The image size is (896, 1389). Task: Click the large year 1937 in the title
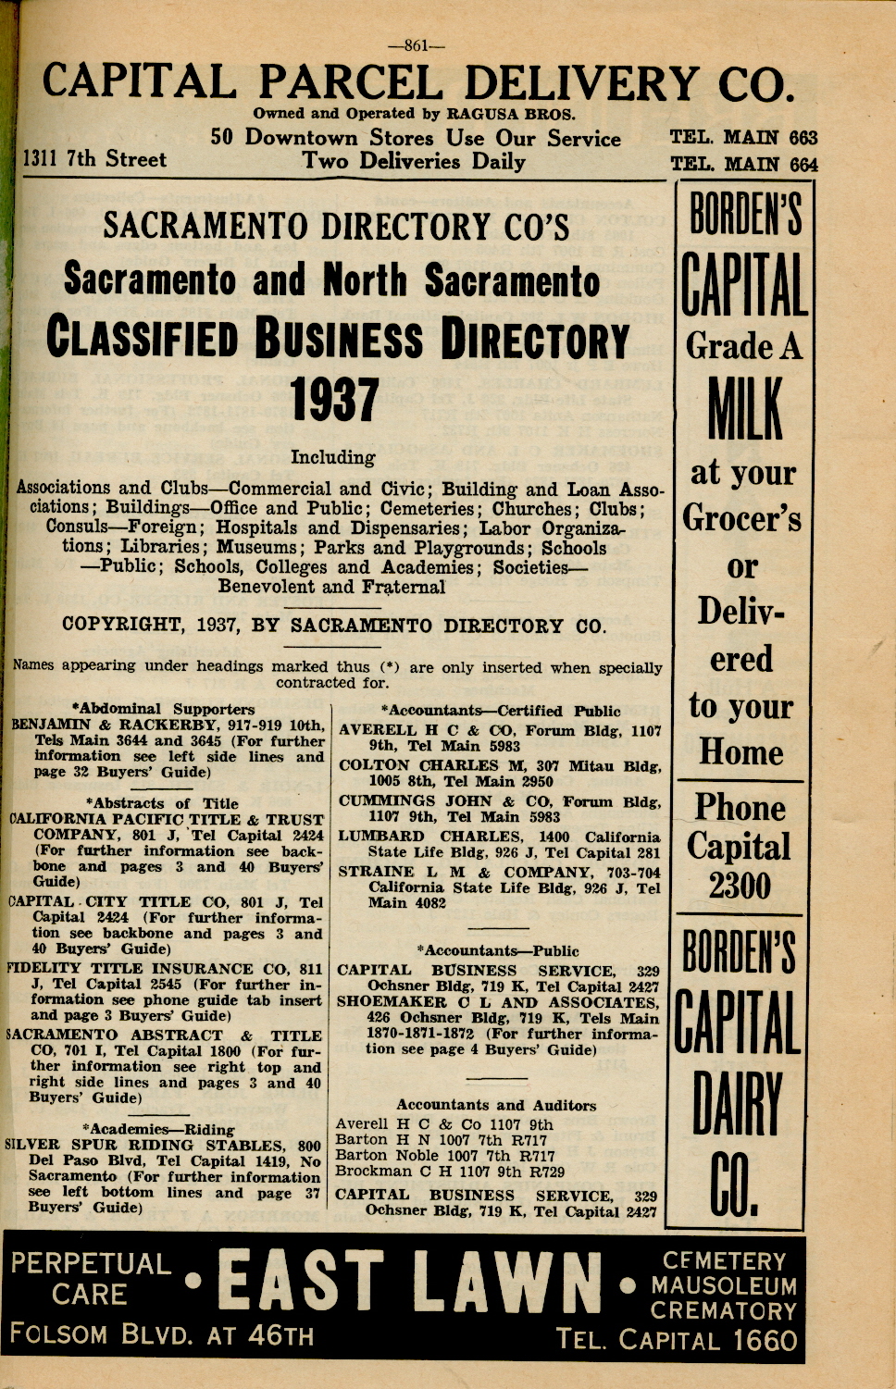[x=334, y=401]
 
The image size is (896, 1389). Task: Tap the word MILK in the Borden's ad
[x=744, y=408]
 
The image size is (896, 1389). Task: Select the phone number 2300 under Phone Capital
[x=740, y=886]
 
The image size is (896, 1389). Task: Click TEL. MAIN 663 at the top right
[x=743, y=138]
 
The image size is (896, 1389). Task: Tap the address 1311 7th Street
[x=94, y=159]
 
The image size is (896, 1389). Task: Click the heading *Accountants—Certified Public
[x=501, y=711]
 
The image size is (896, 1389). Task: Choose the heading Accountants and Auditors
[x=496, y=1105]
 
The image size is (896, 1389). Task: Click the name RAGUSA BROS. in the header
[x=511, y=114]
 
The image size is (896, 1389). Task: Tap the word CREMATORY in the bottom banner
[x=723, y=1310]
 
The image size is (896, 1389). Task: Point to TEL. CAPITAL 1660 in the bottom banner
[x=676, y=1340]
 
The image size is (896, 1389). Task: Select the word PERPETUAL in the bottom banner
[x=91, y=1264]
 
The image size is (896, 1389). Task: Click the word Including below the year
[x=332, y=457]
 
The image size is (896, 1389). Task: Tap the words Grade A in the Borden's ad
[x=743, y=347]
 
